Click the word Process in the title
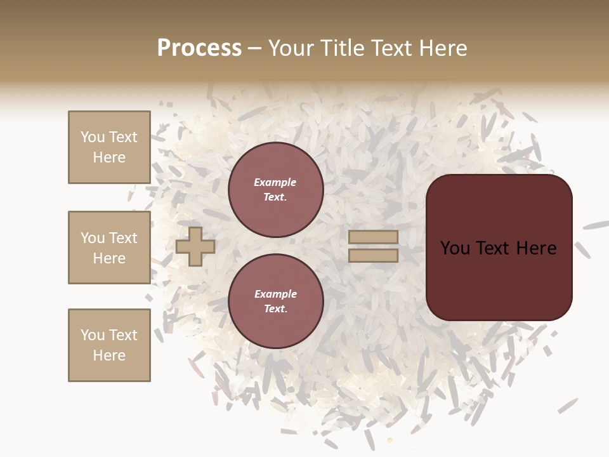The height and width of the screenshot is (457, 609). coord(199,48)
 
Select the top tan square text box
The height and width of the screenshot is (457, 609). coord(109,147)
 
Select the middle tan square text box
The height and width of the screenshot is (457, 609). coord(109,248)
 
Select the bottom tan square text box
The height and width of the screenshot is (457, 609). coord(109,345)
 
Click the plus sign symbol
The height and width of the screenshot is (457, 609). coord(195,246)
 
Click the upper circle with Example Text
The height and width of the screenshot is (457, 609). coord(276,190)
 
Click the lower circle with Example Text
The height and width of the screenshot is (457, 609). coord(276,301)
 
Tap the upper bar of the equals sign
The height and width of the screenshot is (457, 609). coord(373,237)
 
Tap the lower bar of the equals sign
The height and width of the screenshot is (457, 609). coord(373,256)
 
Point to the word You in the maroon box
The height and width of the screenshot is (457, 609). coord(455,248)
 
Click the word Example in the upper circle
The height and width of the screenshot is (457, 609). coord(275,182)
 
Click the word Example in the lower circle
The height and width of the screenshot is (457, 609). coord(275,294)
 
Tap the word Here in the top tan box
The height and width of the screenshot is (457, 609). coord(109,157)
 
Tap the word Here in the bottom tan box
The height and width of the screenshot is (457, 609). coord(109,355)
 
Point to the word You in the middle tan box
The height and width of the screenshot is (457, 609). coord(93,238)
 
